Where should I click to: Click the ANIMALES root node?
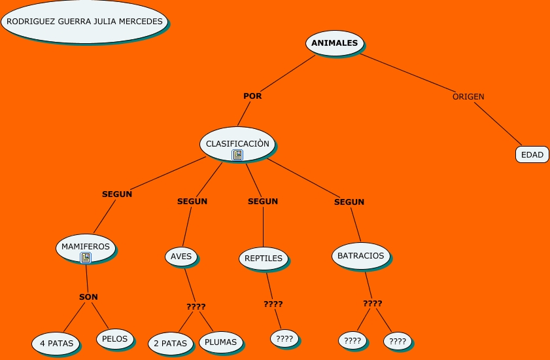point(335,43)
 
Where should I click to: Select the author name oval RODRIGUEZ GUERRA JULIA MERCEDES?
point(84,22)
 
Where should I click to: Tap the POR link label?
point(252,96)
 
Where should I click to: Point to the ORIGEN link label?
point(468,97)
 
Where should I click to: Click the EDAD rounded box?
point(532,154)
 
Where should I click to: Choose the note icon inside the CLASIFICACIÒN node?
point(237,155)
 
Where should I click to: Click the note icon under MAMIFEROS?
point(86,258)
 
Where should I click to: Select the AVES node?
point(181,257)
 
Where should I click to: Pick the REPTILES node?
point(264,259)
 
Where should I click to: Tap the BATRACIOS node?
point(360,256)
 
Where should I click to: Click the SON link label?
point(88,297)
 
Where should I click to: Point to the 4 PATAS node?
point(56,343)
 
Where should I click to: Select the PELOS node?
point(114,339)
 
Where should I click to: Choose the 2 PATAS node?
point(171,343)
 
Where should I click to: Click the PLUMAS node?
point(220,342)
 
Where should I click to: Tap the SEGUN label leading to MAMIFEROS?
point(117,194)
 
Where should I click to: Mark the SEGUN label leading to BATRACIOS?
point(349,202)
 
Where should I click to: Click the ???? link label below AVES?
point(196,306)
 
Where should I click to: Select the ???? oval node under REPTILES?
point(284,338)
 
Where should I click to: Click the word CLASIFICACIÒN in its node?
point(237,143)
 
